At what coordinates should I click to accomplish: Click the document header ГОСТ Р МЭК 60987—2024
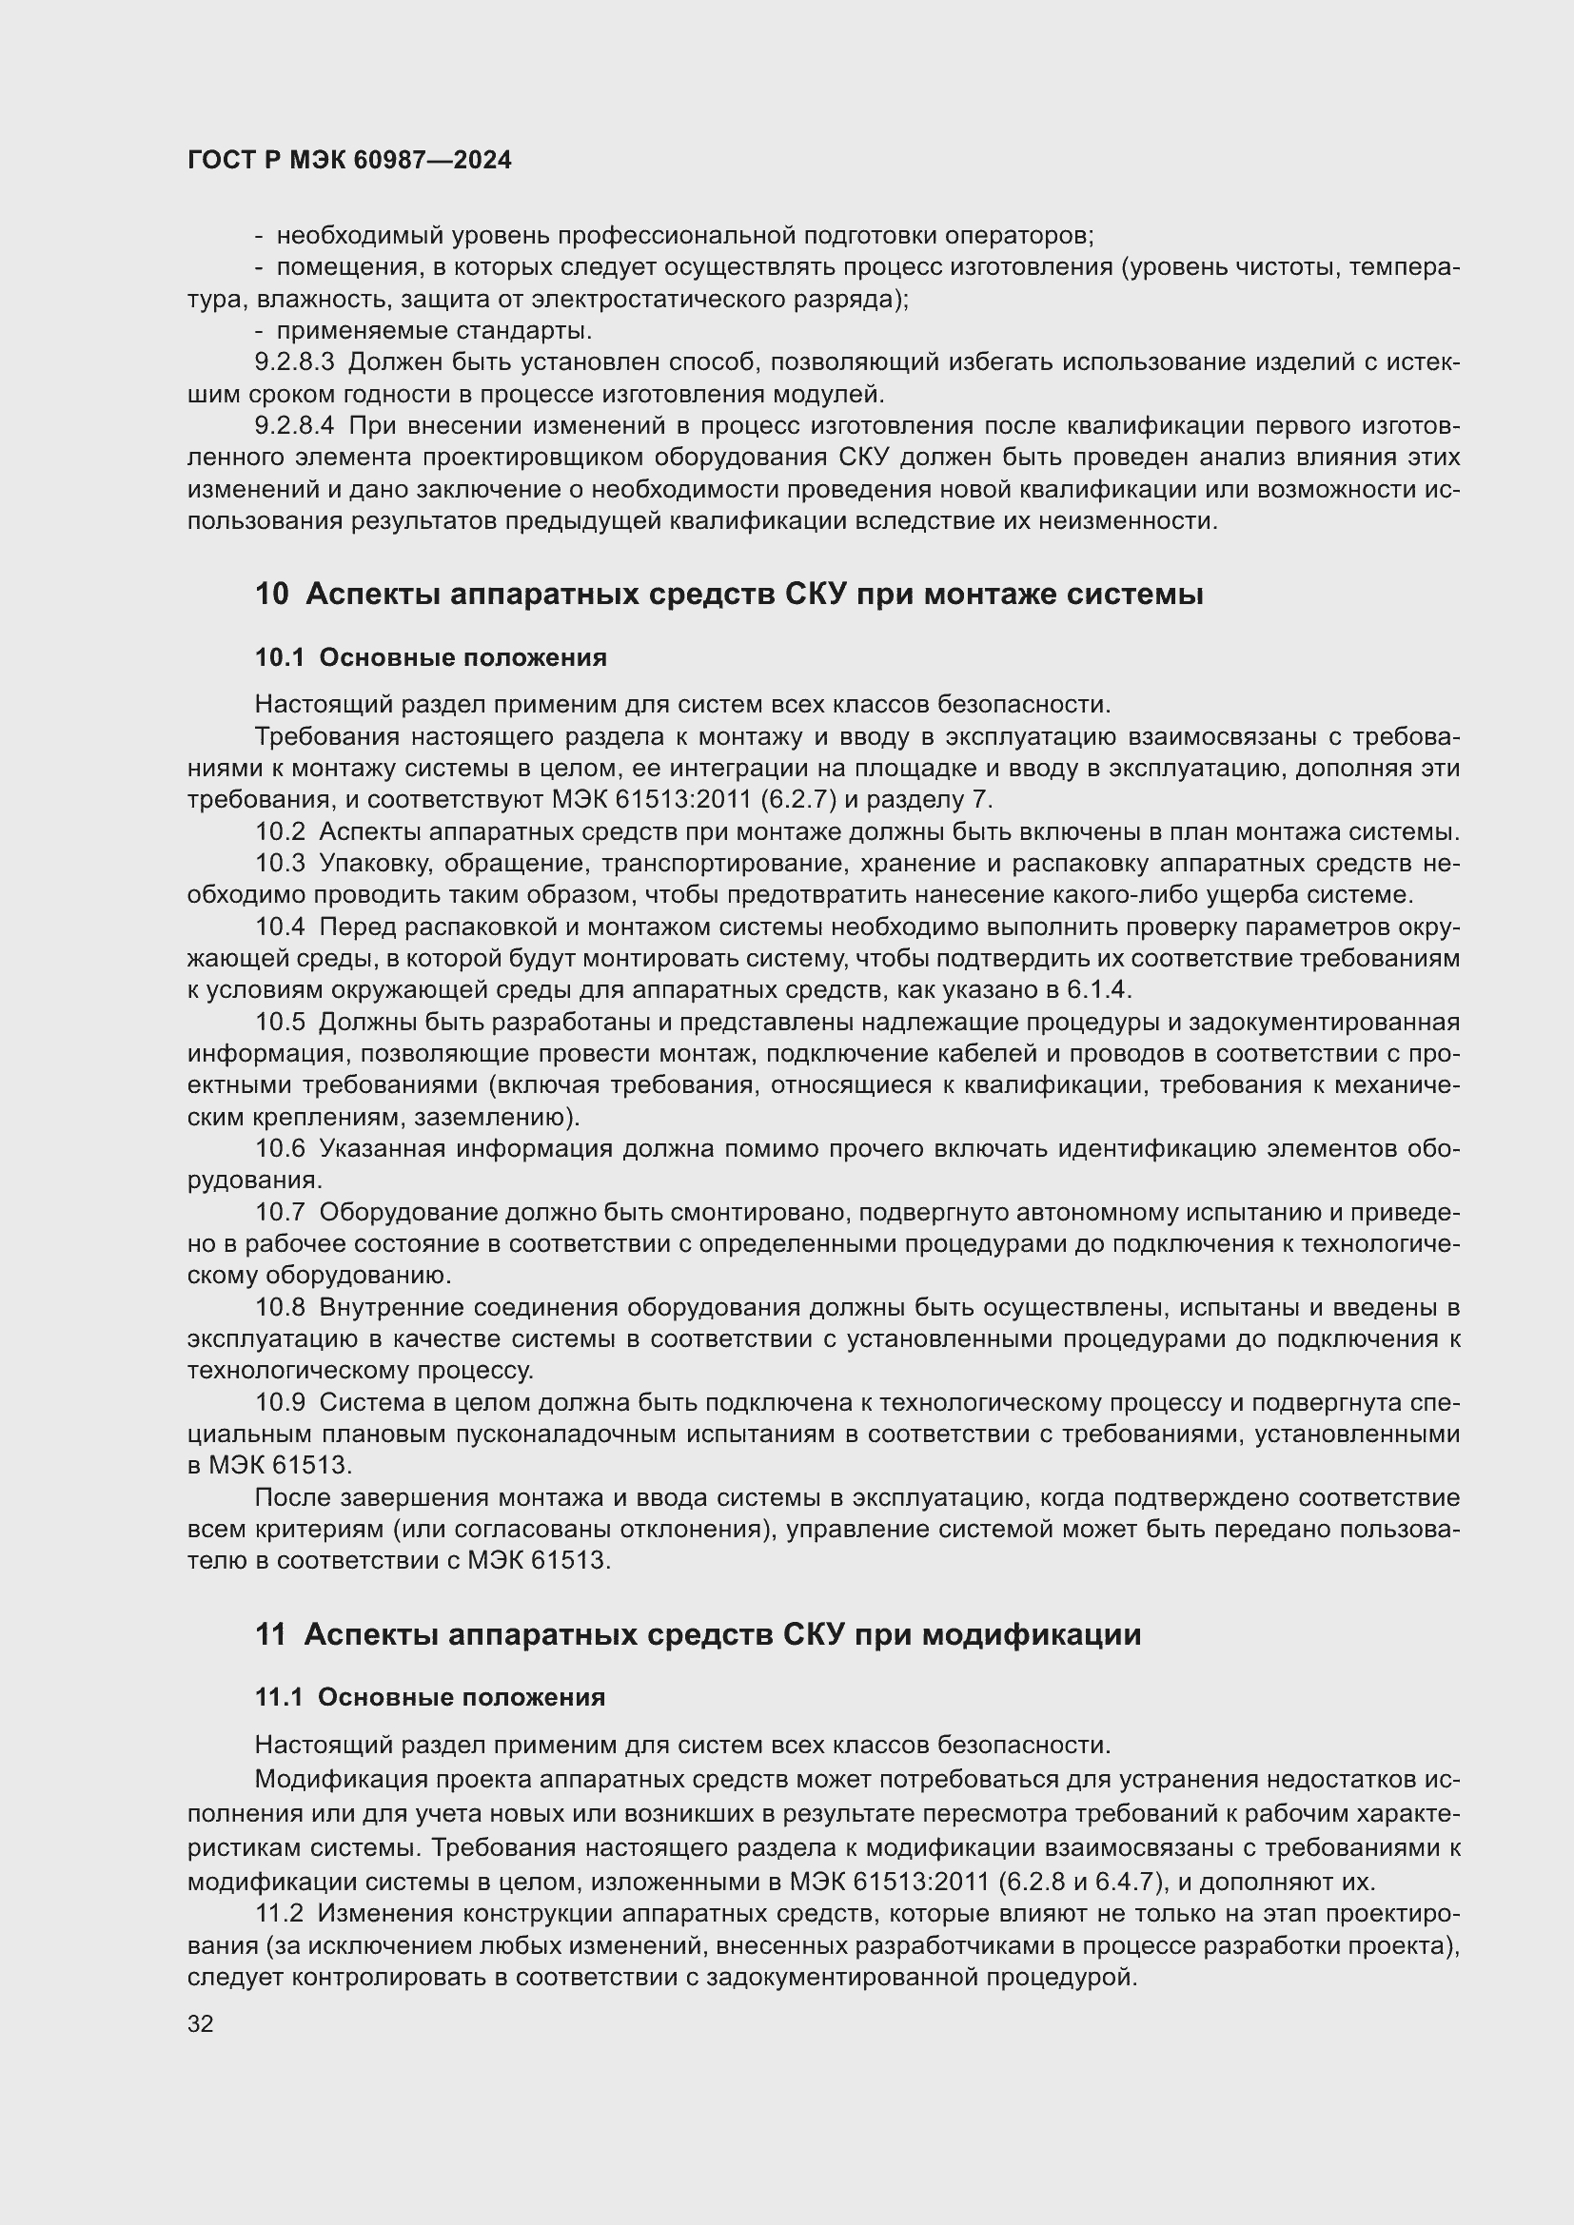[349, 161]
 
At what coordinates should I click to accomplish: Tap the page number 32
[201, 2023]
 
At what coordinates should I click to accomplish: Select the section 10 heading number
[271, 594]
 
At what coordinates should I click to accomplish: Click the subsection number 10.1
[279, 658]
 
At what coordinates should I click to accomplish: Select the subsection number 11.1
[279, 1697]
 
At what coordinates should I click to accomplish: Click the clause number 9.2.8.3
[295, 362]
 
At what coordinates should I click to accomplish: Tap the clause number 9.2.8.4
[295, 426]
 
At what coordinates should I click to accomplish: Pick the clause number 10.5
[280, 1023]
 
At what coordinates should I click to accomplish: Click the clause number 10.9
[280, 1403]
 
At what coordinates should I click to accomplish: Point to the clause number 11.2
[279, 1914]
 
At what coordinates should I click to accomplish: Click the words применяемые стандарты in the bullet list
[434, 331]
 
